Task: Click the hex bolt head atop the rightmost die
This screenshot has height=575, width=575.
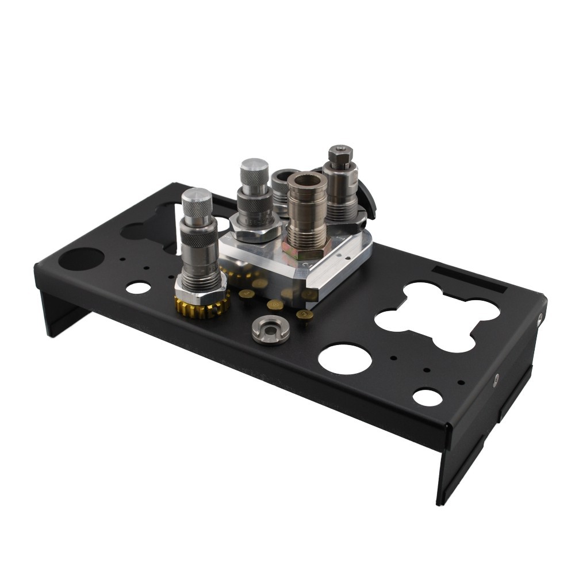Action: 340,153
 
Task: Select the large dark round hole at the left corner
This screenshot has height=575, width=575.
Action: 81,259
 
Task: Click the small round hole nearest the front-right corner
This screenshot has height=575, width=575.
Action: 427,397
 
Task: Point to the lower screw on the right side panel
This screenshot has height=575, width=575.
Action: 496,378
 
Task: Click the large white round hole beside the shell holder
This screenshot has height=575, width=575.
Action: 344,358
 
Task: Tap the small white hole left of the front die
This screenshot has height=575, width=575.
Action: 137,287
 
